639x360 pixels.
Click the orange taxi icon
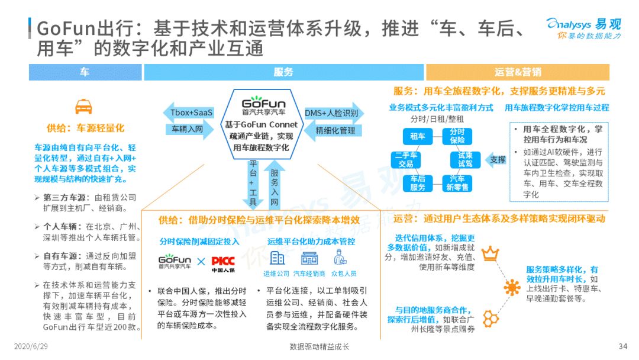point(83,107)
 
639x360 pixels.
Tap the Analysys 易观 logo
point(583,28)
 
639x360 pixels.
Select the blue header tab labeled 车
point(85,72)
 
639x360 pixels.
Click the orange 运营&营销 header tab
point(518,72)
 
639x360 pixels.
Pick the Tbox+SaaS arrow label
point(188,112)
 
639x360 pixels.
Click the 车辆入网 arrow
point(189,130)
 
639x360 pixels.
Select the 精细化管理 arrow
point(333,130)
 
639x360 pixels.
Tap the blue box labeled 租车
point(417,136)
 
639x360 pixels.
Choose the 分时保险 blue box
point(457,136)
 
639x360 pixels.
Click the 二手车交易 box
point(405,160)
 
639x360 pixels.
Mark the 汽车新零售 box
point(457,183)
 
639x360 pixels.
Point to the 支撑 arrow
point(496,160)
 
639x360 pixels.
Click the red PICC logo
point(223,263)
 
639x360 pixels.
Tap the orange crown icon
point(490,253)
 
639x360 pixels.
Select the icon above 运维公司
point(277,258)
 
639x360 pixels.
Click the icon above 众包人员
point(340,258)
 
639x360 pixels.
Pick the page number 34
point(622,346)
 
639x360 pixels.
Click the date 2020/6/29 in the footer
point(31,346)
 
